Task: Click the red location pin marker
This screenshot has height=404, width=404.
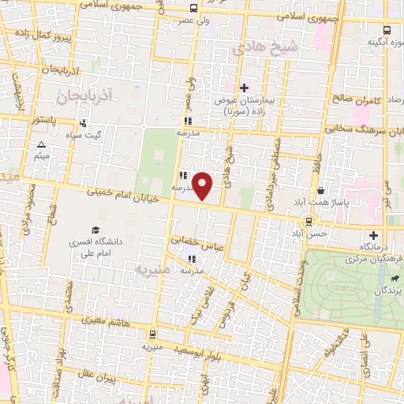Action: coord(204,186)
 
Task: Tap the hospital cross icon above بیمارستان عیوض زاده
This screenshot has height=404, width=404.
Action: coord(244,88)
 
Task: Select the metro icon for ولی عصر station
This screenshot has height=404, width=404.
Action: coord(193,9)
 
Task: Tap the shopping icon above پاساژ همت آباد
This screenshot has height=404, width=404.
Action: coord(320,191)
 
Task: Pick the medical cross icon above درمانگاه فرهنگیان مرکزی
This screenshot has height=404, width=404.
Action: coord(373,235)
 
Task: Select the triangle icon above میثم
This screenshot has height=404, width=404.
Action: coord(41,144)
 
